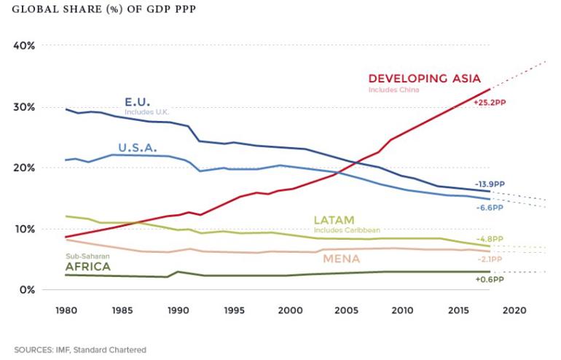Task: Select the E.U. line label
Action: click(138, 102)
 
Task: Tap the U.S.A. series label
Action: click(141, 147)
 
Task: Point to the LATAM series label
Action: click(334, 220)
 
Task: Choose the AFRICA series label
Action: click(88, 267)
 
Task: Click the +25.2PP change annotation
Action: click(490, 103)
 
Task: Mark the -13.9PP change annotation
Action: click(490, 185)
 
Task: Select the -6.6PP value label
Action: click(490, 207)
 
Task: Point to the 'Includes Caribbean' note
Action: click(347, 230)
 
